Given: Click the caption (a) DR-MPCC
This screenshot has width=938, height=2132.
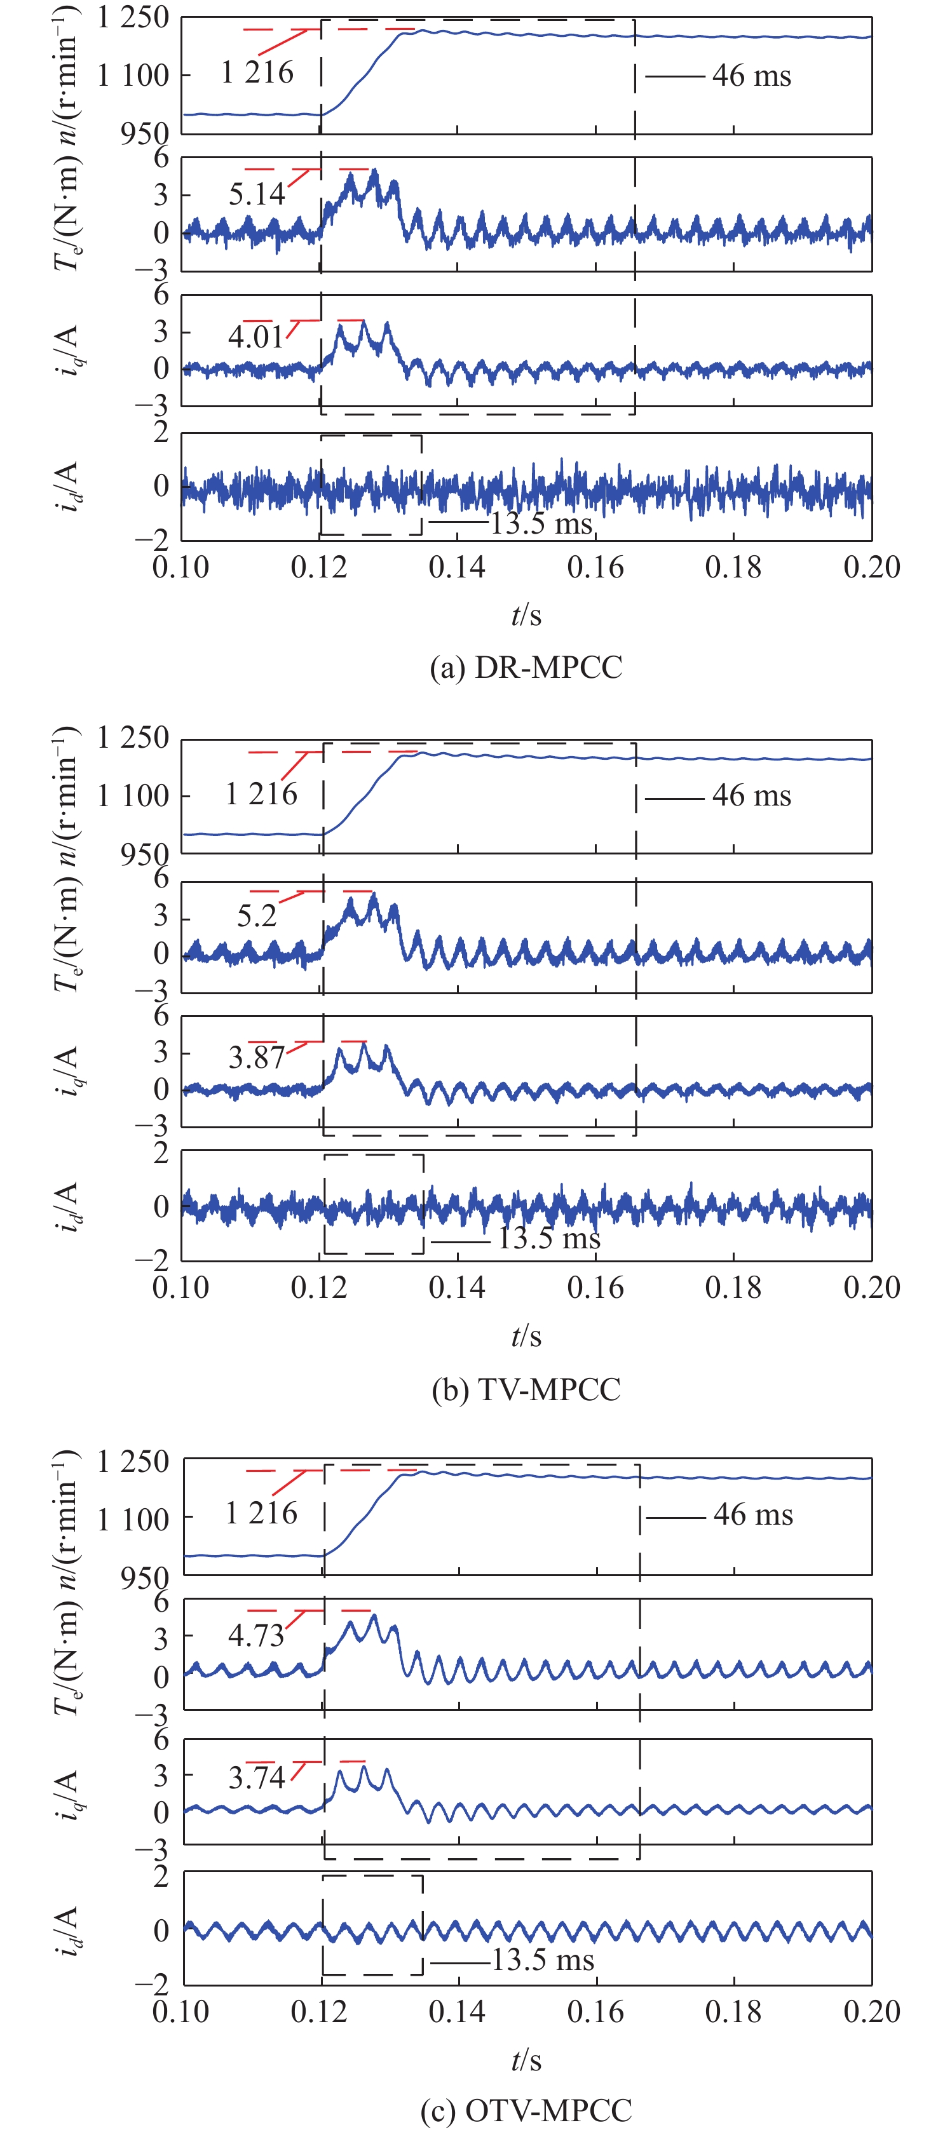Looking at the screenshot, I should [526, 667].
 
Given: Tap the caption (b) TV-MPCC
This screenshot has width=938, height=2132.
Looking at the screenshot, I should [526, 1389].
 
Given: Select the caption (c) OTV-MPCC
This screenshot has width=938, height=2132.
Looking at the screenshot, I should [526, 2110].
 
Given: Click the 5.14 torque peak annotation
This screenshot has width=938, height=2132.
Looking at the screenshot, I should [257, 194].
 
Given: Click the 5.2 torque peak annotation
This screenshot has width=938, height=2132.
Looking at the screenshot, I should [257, 915].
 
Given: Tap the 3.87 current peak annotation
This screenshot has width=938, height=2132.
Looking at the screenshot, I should [256, 1058].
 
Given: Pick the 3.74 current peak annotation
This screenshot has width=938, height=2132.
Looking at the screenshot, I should [256, 1777].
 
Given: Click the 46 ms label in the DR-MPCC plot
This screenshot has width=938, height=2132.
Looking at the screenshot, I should [752, 76].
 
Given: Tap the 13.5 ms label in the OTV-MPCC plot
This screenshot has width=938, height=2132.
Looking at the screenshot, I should [543, 1960].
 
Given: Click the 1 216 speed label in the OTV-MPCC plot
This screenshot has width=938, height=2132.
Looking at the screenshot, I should [262, 1513].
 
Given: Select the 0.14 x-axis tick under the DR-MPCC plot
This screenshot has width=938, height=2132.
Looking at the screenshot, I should [457, 568].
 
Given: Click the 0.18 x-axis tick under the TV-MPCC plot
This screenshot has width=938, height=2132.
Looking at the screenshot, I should [733, 1288].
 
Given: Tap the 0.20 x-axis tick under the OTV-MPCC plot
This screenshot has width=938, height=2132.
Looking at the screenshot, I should [871, 2012].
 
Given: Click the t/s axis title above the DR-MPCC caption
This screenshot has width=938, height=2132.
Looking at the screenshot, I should [526, 615].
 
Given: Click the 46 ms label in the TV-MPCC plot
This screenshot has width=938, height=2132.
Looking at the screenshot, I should [752, 796].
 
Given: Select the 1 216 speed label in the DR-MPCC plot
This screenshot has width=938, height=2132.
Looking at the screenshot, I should [257, 73].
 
